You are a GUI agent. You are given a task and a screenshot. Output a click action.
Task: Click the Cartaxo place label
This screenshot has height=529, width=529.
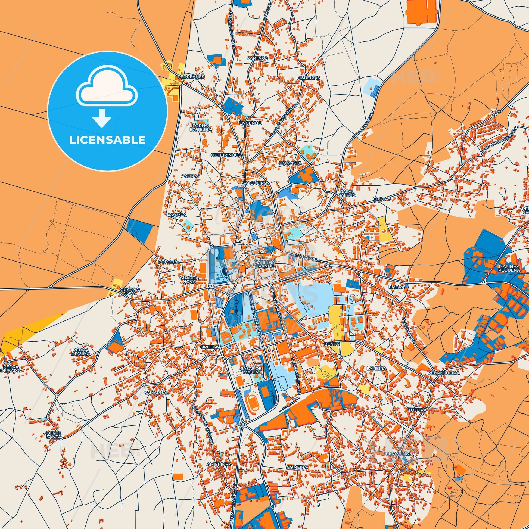coord(257,58)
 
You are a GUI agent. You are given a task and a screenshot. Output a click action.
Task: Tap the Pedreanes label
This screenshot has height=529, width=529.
coord(191,77)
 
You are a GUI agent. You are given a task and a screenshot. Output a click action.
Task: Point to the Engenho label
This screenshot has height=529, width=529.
coord(251,123)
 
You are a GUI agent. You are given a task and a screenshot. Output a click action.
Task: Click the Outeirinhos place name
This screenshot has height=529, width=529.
coord(226,155)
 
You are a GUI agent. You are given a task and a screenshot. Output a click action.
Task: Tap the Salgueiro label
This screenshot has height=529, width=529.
coord(255,183)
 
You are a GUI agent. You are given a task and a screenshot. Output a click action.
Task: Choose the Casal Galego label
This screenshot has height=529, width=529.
coord(347,193)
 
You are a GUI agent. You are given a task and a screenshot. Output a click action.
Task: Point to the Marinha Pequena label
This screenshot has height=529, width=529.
coord(509,268)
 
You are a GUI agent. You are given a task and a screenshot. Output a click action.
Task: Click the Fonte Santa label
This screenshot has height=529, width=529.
coord(54,435)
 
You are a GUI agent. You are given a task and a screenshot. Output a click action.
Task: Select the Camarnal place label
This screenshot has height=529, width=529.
coord(156,392)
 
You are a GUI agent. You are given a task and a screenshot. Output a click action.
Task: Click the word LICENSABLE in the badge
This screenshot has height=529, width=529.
coord(107,140)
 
